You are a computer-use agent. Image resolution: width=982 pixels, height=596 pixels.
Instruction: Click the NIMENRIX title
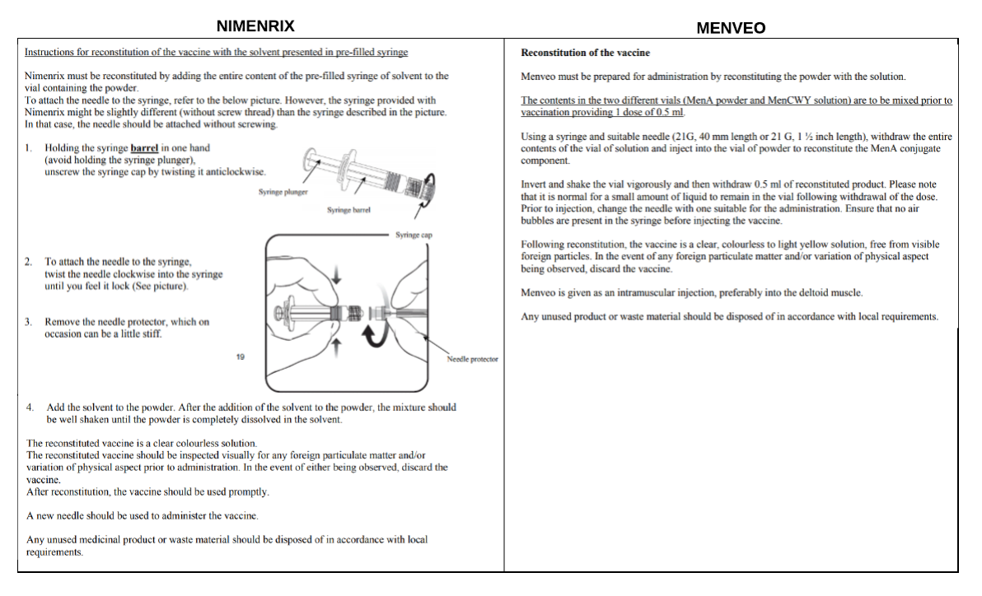click(x=255, y=26)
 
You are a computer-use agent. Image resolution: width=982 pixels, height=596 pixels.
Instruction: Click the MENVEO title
click(x=731, y=28)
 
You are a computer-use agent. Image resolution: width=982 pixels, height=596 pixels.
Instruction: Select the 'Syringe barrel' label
click(x=348, y=210)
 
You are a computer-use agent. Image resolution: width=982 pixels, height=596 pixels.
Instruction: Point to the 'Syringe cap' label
click(x=414, y=235)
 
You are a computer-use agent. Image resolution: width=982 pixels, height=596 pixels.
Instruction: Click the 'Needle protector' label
click(x=472, y=359)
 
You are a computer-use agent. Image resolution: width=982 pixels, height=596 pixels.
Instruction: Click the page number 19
click(x=241, y=356)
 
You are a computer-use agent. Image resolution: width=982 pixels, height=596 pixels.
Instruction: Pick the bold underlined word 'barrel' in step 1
click(x=144, y=148)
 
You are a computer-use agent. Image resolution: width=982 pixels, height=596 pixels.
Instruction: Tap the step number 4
click(x=30, y=407)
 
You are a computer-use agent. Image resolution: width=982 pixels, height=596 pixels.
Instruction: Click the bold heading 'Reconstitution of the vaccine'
click(x=585, y=53)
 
